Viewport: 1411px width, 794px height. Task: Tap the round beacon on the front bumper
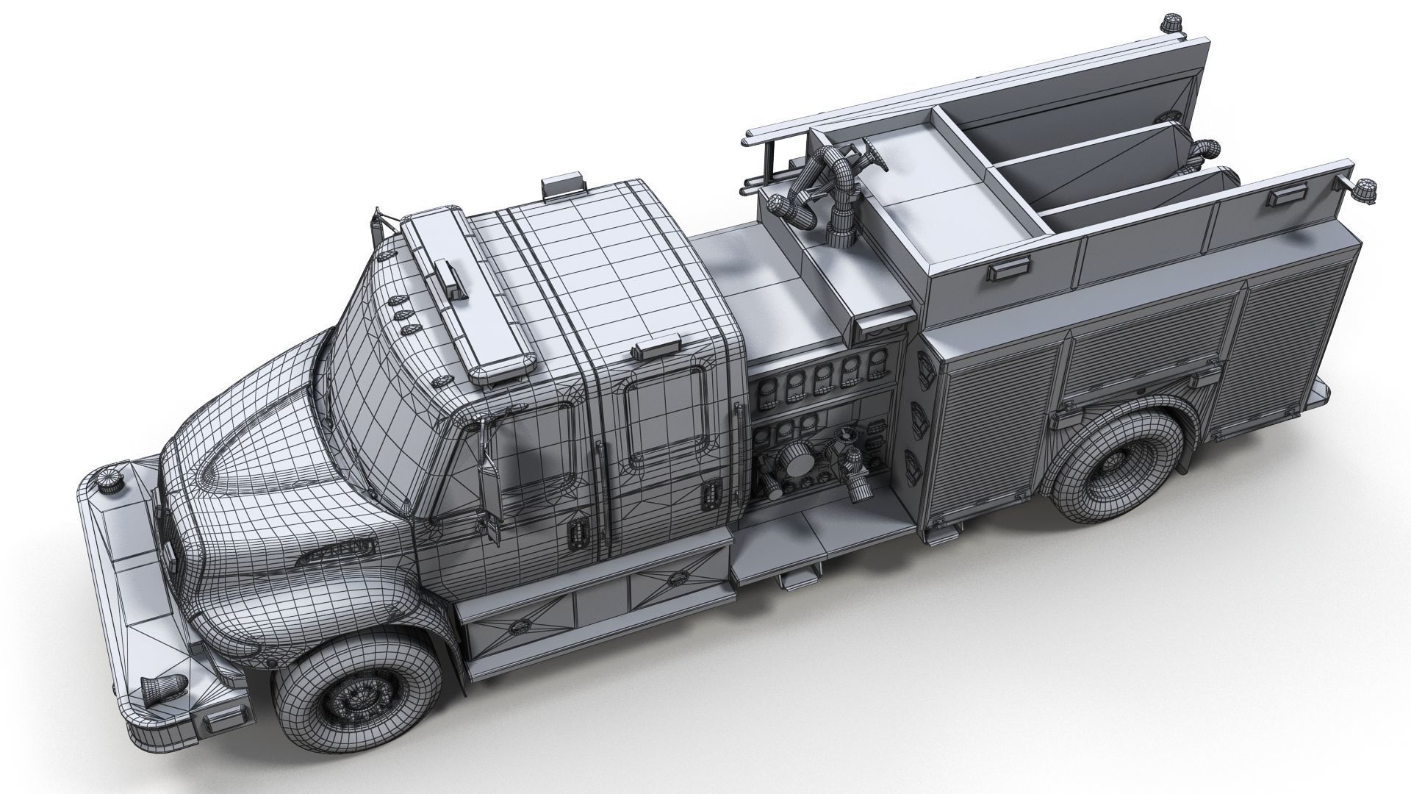(x=112, y=480)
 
